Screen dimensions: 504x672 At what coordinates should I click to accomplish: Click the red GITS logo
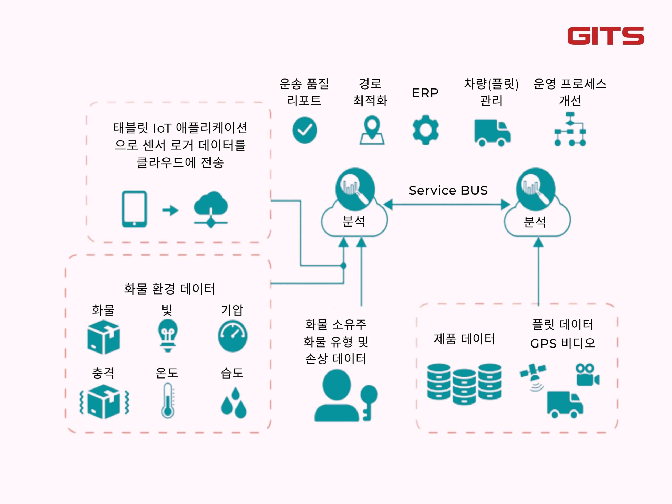(x=606, y=36)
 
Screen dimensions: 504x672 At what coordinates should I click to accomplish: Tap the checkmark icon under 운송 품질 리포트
(x=305, y=130)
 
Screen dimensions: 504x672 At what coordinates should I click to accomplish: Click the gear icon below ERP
(x=425, y=130)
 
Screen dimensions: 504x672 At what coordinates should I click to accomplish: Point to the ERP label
(x=425, y=93)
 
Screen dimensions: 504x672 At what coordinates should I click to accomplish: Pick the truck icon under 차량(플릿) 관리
(x=492, y=133)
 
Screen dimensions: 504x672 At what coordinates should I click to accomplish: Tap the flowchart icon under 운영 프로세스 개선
(x=570, y=129)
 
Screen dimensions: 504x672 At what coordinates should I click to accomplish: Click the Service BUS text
(x=448, y=191)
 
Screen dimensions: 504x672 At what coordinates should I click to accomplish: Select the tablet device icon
(x=134, y=209)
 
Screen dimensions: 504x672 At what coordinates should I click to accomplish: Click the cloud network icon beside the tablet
(x=211, y=209)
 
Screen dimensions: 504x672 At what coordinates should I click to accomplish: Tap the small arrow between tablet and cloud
(x=170, y=210)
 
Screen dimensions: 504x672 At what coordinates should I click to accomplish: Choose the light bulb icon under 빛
(x=168, y=336)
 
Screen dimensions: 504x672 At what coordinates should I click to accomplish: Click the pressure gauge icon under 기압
(x=233, y=336)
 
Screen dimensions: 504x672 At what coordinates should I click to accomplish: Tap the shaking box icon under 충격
(x=104, y=402)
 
